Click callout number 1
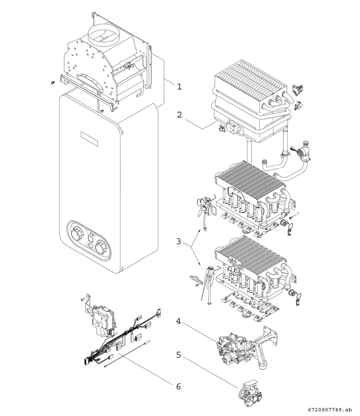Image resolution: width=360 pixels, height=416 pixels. pos(179,87)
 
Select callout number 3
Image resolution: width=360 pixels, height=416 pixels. pos(178,242)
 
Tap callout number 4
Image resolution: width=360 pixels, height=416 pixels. pos(178,320)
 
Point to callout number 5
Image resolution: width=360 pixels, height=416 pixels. pos(178,354)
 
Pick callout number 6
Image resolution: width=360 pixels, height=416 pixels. pos(178,386)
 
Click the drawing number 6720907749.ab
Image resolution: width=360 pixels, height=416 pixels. pos(330,409)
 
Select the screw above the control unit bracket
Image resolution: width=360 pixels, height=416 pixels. pos(82,299)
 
